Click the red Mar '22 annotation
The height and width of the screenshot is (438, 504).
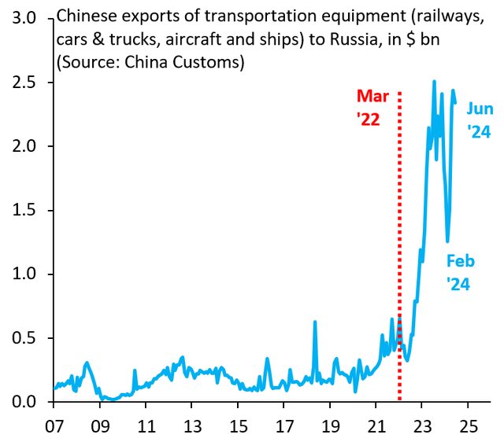pyautogui.click(x=373, y=108)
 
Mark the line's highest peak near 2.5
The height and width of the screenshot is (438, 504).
pyautogui.click(x=434, y=82)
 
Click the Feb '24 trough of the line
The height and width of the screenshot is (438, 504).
pyautogui.click(x=447, y=241)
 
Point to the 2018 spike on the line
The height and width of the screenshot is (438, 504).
pyautogui.click(x=314, y=322)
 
